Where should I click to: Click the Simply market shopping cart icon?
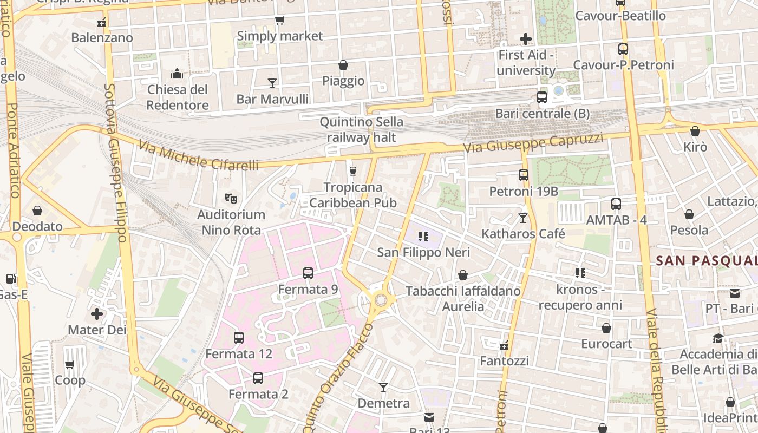point(279,21)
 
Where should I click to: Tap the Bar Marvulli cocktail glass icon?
point(272,83)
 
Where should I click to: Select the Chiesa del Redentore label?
point(178,97)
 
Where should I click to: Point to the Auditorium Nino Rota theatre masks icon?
point(231,199)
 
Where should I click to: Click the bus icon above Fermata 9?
point(308,273)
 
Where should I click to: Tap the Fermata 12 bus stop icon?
point(239,338)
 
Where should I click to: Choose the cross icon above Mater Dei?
point(97,314)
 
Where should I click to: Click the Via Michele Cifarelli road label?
point(198,155)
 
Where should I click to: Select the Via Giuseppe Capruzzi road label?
point(533,143)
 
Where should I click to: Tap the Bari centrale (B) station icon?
point(541,98)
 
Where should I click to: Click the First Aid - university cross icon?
point(525,39)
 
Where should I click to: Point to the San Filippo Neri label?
point(423,252)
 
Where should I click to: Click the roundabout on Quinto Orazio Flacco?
point(381,299)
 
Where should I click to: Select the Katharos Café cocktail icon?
point(523,218)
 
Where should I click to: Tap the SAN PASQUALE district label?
point(707,261)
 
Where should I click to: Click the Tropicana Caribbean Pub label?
point(353,195)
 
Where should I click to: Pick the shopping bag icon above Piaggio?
point(343,65)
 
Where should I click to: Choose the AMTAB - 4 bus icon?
point(616,204)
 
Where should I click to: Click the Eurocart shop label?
point(606,344)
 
